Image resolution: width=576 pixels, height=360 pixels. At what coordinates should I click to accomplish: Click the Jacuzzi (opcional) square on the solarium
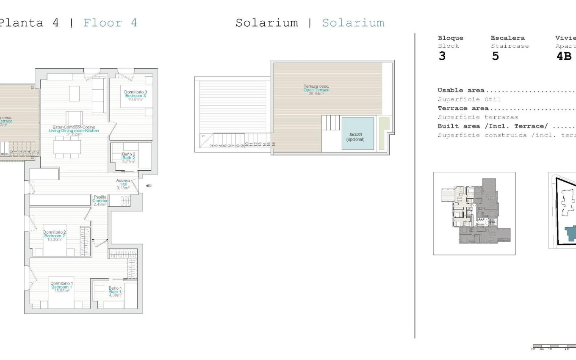coord(357,134)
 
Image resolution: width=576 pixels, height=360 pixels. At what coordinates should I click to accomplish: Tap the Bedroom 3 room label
coord(136,96)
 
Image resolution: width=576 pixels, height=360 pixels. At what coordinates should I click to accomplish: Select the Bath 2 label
coord(128,158)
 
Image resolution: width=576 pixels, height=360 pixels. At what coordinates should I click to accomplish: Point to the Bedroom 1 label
coord(61,287)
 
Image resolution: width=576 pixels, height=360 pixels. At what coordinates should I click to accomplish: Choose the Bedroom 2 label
coord(54,235)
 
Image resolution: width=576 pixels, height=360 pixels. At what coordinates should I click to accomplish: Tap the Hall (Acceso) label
coord(123,184)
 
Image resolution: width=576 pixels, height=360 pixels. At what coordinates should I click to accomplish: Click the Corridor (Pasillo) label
coord(100,201)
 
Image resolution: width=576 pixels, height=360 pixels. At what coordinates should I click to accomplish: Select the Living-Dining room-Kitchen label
coord(74,131)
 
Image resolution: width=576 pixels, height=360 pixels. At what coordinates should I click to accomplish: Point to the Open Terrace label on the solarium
coord(316,90)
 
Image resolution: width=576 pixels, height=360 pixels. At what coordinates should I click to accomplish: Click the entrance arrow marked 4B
coord(148,186)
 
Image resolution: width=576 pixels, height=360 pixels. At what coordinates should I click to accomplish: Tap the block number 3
coord(442,56)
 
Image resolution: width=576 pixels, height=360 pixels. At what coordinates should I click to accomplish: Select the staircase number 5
coord(496,56)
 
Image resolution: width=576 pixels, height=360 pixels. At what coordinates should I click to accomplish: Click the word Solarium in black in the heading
coord(266,23)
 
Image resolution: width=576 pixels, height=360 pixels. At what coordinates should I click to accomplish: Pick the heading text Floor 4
coord(110,23)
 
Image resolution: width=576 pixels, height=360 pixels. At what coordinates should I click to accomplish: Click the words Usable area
coord(461,90)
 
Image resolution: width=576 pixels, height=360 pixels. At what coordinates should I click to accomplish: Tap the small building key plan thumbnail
coord(474,213)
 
